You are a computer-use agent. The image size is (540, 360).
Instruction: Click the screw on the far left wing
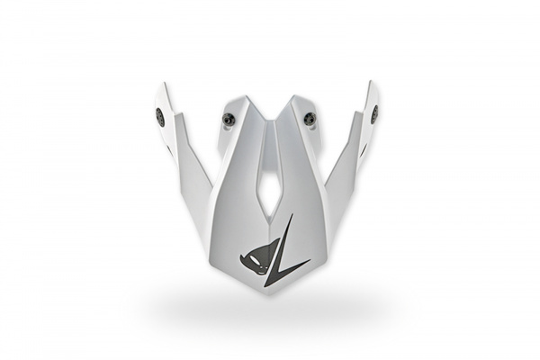click(160, 116)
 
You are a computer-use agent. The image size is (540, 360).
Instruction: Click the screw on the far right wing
click(374, 114)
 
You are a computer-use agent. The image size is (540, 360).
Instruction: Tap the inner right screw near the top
click(310, 117)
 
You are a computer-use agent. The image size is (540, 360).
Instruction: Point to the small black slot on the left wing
click(169, 149)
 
